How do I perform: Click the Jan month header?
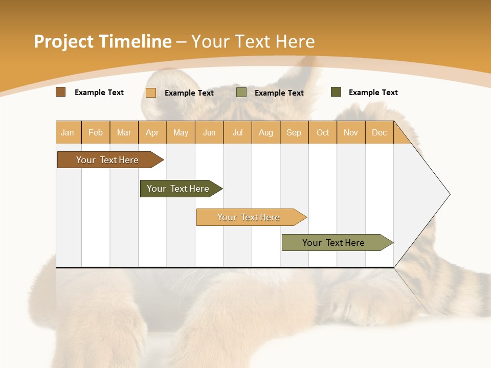68,132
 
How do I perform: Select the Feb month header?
96,132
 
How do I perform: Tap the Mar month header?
124,132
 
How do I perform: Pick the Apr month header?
152,132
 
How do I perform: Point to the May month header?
181,132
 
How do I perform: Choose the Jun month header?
209,132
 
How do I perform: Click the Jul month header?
237,132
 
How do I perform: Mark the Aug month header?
265,132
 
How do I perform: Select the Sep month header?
294,132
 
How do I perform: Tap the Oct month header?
323,132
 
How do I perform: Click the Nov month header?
351,132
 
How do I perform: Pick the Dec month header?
379,132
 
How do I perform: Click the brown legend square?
61,92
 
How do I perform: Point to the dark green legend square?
336,92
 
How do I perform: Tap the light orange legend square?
151,93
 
